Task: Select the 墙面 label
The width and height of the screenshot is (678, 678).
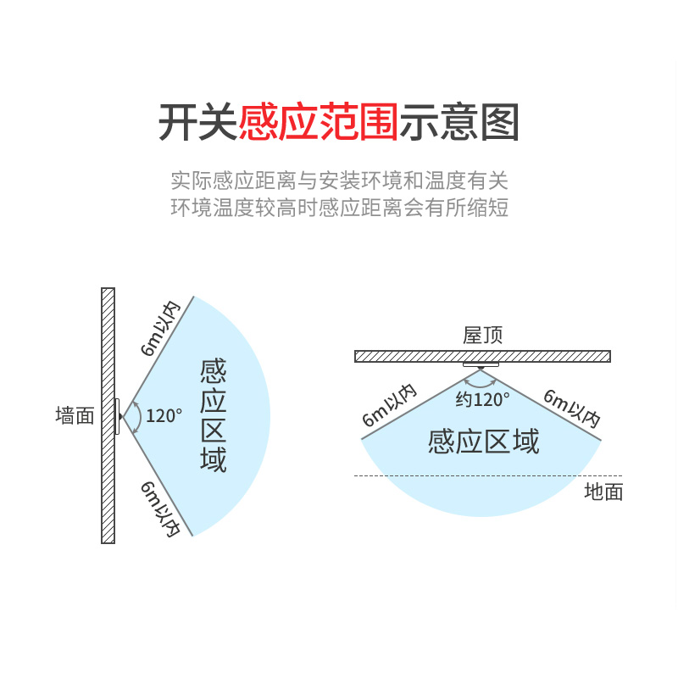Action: (75, 416)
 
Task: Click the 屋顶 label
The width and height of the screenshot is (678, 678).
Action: (482, 335)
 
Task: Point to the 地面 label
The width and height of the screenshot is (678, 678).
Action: (603, 492)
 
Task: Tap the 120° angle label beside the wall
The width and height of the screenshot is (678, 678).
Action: (164, 416)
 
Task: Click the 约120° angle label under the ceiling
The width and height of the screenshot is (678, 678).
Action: (482, 399)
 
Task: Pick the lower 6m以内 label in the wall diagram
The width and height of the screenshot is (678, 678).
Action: (161, 508)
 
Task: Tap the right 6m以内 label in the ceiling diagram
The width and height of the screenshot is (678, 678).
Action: (572, 407)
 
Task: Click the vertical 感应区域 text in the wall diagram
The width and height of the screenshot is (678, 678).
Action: (214, 416)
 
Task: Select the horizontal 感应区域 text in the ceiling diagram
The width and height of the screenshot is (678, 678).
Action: (483, 442)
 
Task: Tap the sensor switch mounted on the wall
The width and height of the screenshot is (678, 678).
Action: (118, 417)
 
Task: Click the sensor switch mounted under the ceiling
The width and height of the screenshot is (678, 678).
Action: (481, 365)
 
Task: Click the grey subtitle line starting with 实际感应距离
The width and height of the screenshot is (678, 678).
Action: (339, 181)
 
